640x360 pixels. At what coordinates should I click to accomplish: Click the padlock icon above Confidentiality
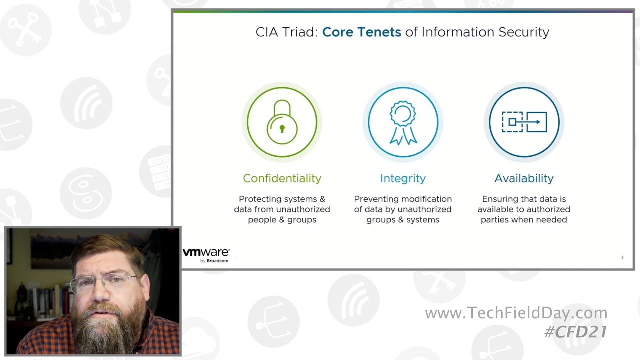pyautogui.click(x=282, y=122)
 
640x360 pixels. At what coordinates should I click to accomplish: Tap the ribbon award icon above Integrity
pyautogui.click(x=403, y=122)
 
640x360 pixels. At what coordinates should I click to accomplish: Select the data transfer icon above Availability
pyautogui.click(x=524, y=122)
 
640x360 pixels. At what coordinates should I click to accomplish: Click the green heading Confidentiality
pyautogui.click(x=282, y=178)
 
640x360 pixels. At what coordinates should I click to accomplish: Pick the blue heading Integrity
pyautogui.click(x=403, y=178)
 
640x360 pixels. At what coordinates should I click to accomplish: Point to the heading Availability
pyautogui.click(x=524, y=178)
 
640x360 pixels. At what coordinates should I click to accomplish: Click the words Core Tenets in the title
pyautogui.click(x=361, y=32)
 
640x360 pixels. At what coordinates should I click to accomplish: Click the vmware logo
pyautogui.click(x=206, y=252)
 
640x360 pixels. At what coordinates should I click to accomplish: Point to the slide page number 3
pyautogui.click(x=622, y=257)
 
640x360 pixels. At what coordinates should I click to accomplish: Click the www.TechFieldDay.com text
pyautogui.click(x=516, y=313)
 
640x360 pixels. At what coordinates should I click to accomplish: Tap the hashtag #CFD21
pyautogui.click(x=575, y=331)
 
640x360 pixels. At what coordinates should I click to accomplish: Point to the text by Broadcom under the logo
pyautogui.click(x=214, y=261)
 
